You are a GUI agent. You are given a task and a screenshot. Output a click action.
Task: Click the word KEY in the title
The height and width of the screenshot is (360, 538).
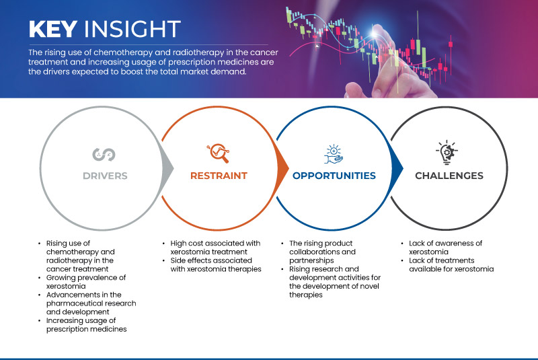[50, 29]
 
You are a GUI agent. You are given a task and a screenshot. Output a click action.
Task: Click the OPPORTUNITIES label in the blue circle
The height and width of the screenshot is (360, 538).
[334, 176]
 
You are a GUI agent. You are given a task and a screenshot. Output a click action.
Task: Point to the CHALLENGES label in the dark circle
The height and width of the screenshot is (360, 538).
[449, 176]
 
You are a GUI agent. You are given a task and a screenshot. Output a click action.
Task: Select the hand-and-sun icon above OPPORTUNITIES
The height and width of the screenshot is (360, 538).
[334, 153]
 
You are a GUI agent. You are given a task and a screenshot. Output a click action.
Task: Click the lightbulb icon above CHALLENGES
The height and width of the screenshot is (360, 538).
[449, 153]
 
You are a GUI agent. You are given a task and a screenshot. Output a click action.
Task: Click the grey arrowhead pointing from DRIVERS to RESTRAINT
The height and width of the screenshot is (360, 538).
[169, 168]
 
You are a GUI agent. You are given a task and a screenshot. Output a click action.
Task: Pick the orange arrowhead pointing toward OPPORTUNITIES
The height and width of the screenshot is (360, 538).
[285, 168]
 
